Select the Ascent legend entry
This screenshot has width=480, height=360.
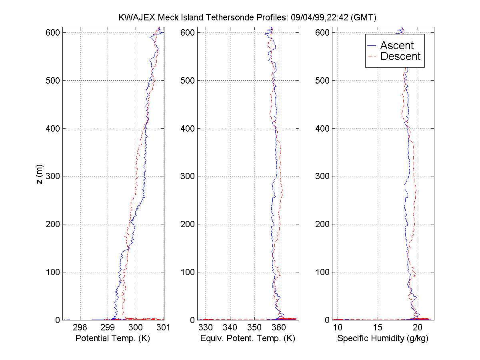point(396,45)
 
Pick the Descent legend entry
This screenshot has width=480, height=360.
point(400,56)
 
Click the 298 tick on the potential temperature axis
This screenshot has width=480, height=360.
point(80,328)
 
